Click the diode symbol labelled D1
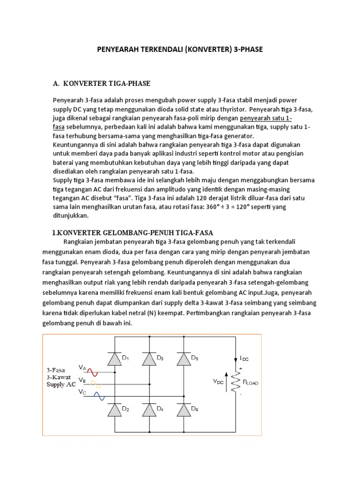tap(113, 359)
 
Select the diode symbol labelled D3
tap(150, 359)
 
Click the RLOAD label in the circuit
tap(249, 383)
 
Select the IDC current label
tap(244, 358)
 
